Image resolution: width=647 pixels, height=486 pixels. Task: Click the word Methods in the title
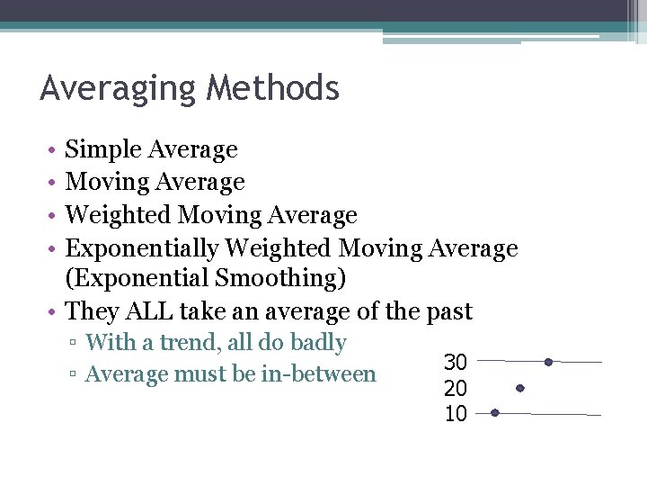coord(272,89)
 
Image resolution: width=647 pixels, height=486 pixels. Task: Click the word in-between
coord(318,373)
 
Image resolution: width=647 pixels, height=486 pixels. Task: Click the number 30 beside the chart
coord(456,363)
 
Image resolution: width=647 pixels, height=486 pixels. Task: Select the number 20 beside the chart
coord(456,389)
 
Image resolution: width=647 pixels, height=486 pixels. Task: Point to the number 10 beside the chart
coord(456,414)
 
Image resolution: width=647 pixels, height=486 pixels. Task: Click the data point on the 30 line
coord(548,362)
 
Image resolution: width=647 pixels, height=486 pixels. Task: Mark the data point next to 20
coord(520,388)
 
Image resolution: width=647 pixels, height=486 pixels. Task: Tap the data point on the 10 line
coord(494,413)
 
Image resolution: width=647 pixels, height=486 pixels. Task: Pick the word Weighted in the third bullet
coord(119,215)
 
